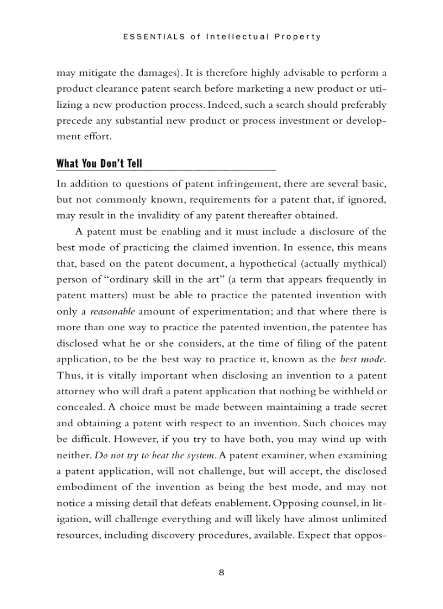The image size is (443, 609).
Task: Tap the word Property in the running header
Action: tap(298, 37)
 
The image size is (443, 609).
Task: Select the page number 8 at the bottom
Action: tap(221, 573)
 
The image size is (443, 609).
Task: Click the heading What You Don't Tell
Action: tap(99, 163)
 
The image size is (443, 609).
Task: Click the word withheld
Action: tap(353, 391)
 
